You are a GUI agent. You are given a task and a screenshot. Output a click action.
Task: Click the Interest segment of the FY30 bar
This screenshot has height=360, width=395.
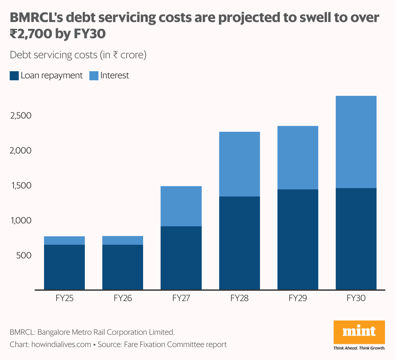[356, 142]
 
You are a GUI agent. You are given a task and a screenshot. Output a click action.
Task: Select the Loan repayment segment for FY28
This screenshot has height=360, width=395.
[239, 243]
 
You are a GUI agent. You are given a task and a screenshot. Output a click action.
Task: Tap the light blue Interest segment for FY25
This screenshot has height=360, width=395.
[64, 241]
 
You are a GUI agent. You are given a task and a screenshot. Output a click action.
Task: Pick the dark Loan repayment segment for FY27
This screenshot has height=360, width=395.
[181, 258]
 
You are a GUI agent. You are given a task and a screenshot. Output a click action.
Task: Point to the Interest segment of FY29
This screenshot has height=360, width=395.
[298, 158]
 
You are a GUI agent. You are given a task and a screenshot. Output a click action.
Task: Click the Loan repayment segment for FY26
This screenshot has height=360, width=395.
[123, 267]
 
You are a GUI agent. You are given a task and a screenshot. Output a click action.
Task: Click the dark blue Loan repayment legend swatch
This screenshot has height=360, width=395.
[14, 76]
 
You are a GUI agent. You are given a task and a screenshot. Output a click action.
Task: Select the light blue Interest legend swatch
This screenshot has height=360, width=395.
[94, 76]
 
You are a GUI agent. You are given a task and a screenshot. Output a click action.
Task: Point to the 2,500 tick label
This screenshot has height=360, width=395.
[21, 116]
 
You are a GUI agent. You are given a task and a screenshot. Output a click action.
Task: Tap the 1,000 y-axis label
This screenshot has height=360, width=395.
[21, 220]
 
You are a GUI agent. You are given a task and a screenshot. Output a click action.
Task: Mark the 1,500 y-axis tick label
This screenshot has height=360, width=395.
[21, 186]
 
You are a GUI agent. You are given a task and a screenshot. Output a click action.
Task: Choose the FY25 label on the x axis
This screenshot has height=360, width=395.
[64, 298]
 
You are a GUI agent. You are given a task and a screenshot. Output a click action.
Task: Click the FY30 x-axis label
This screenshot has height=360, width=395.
[356, 298]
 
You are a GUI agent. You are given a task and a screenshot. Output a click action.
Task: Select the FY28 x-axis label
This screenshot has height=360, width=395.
[239, 298]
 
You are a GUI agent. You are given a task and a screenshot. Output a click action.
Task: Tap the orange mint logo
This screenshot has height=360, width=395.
[359, 332]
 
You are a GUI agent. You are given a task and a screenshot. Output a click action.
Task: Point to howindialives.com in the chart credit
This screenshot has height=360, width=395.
[61, 344]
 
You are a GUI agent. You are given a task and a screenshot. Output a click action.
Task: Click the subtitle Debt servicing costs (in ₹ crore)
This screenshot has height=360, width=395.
[78, 55]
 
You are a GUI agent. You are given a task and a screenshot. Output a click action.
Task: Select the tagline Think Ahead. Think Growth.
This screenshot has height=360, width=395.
[359, 348]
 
